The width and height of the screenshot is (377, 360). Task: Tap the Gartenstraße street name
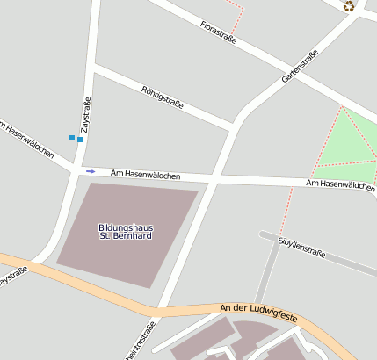click(x=299, y=67)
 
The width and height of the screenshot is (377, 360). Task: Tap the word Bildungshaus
click(x=126, y=227)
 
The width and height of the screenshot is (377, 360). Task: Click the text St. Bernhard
click(x=126, y=236)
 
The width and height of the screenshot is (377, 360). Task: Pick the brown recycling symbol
click(x=349, y=6)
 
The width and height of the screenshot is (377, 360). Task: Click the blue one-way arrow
click(x=90, y=170)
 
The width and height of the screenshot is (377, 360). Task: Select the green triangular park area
click(x=348, y=142)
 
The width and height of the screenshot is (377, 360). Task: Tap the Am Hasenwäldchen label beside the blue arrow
click(x=146, y=176)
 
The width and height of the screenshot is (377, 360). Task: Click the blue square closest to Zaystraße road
click(x=80, y=139)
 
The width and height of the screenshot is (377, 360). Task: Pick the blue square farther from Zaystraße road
click(x=72, y=136)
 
